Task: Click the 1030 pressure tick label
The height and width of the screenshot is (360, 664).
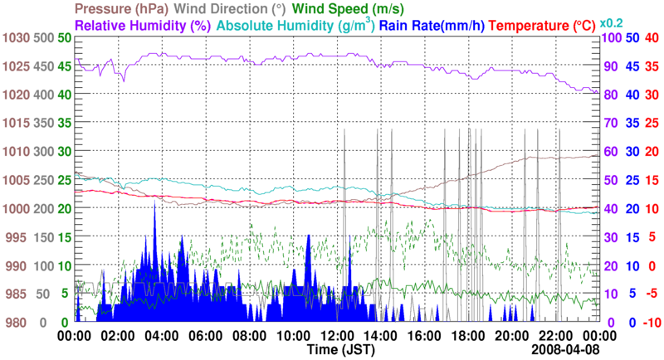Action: point(16,38)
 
